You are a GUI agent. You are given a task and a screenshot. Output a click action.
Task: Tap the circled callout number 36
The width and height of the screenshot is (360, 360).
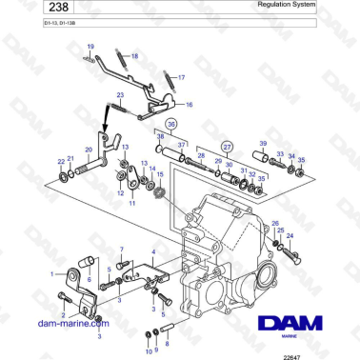(x=170, y=125)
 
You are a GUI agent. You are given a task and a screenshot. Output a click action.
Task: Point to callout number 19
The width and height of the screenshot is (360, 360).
(x=90, y=47)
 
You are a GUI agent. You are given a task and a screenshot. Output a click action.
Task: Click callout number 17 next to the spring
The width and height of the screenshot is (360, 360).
(x=182, y=75)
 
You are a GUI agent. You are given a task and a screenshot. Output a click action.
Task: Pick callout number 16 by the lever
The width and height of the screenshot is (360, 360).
(x=188, y=105)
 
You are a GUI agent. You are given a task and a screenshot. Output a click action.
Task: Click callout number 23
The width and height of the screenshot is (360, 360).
(x=121, y=95)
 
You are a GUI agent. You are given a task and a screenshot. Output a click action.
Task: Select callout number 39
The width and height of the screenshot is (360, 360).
(x=262, y=143)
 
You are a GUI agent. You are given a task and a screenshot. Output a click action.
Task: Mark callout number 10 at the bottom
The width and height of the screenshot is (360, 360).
(x=148, y=351)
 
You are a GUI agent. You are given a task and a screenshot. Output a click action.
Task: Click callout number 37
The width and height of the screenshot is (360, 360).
(x=181, y=145)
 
